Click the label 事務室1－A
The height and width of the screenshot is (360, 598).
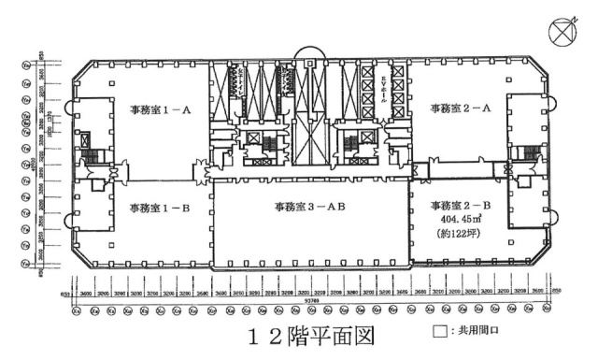point(161,110)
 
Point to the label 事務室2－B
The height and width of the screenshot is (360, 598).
point(461,205)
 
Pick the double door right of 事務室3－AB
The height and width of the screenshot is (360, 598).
point(417,172)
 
